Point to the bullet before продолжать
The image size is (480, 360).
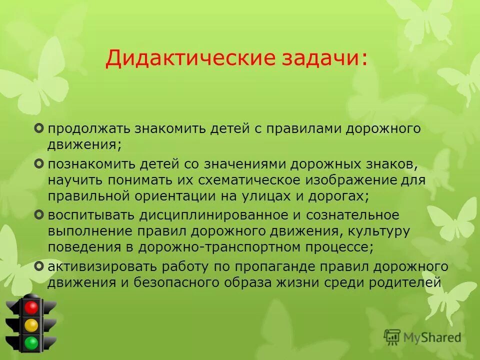pos(40,129)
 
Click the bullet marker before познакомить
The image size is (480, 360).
pos(40,163)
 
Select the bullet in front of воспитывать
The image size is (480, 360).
pos(40,215)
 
